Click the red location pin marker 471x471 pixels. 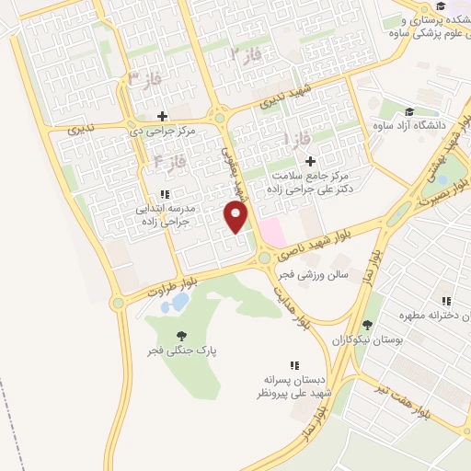[237, 217]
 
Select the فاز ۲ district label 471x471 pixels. [246, 53]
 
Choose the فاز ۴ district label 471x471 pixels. [170, 162]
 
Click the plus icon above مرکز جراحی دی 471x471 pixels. [163, 116]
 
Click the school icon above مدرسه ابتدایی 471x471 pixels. [164, 194]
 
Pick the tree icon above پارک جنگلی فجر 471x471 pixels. [179, 336]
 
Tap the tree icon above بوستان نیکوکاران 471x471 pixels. [367, 324]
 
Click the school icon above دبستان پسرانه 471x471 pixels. [294, 365]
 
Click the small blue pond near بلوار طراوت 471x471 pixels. [181, 300]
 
